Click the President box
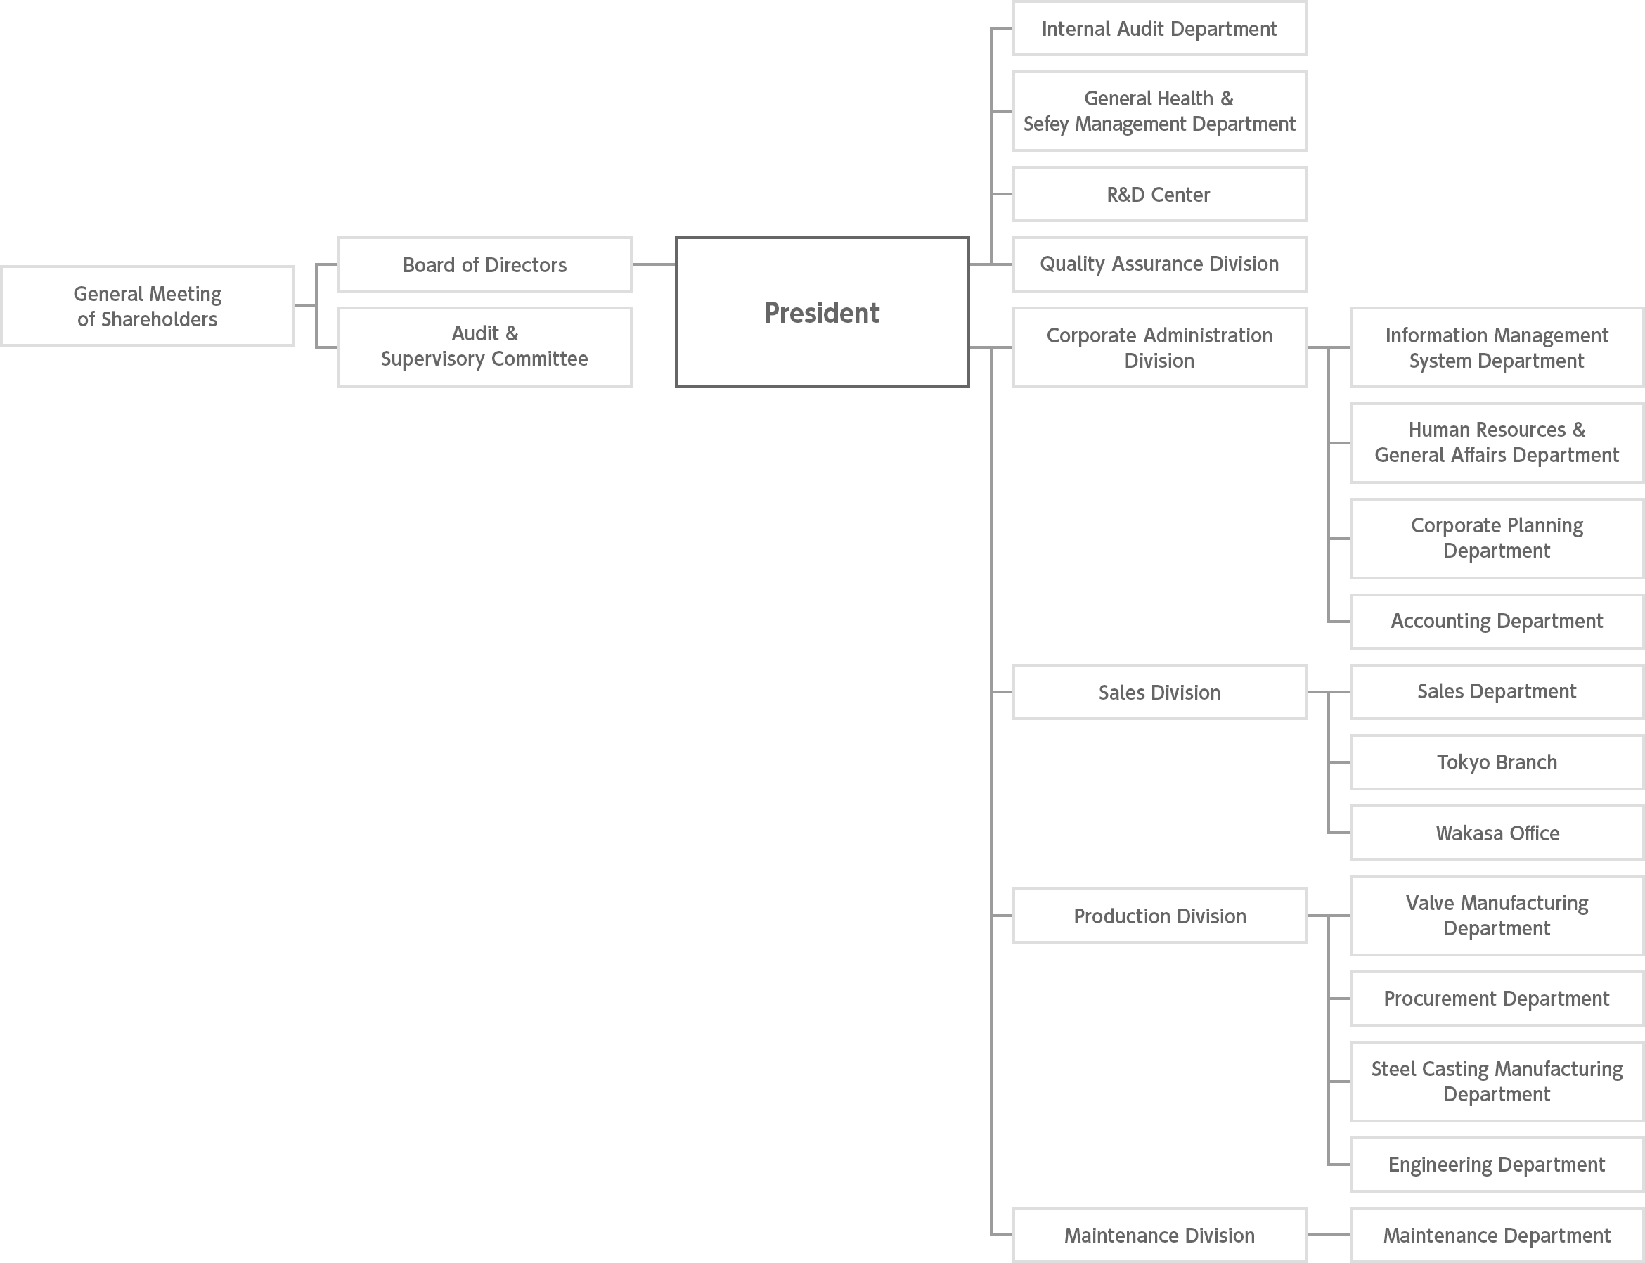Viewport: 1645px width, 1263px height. (822, 312)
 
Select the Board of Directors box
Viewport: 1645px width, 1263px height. (484, 264)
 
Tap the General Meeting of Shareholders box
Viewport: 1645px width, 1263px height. (148, 306)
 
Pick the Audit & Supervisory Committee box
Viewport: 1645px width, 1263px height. (484, 347)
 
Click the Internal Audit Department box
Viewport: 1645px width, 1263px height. (1159, 29)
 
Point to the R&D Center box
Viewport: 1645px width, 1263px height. (1159, 194)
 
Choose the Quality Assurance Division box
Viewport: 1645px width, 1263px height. (1159, 264)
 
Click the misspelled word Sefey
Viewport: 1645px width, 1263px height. (1046, 124)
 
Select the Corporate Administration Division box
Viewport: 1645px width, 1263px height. (1159, 347)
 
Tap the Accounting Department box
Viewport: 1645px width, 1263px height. (1497, 621)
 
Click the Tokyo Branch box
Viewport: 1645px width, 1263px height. (1497, 762)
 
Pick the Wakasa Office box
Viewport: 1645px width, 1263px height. (1497, 833)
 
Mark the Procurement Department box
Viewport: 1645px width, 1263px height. (1497, 999)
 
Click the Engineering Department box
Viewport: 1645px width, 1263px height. (1497, 1165)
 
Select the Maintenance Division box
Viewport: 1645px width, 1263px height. (1159, 1235)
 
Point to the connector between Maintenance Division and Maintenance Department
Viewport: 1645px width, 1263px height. (1329, 1235)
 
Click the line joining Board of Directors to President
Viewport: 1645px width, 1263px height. (654, 264)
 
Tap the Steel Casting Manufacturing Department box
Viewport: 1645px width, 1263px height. (1497, 1081)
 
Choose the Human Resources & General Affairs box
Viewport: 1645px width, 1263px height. (1497, 443)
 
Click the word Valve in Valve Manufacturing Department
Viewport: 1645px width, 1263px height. (1430, 903)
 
